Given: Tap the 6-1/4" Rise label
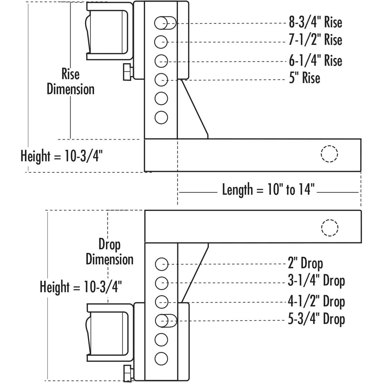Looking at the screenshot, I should (315, 61).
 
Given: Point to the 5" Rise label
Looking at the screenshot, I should (305, 78).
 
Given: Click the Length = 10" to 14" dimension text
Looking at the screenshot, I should (268, 190).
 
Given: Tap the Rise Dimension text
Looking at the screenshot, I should (71, 82).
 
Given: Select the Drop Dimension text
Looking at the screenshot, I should (110, 252).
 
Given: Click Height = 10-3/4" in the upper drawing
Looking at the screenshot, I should (62, 156).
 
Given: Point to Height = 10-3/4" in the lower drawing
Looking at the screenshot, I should (81, 286).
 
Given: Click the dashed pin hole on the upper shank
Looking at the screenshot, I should (329, 154).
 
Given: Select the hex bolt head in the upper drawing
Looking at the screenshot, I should (127, 72).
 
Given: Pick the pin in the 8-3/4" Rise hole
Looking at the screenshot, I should (165, 23).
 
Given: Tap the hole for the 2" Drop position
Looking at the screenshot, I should (161, 264).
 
